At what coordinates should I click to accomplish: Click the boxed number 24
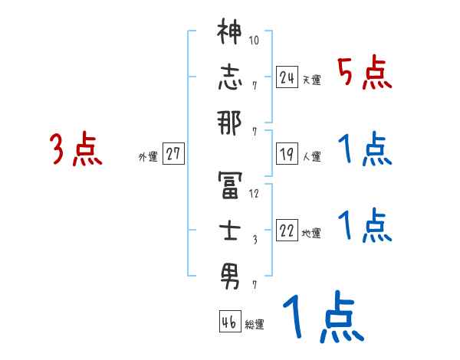287,77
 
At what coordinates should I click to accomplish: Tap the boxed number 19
287,155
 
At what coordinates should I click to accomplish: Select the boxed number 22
287,231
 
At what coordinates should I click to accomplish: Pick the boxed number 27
173,155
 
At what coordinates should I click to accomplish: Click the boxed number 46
228,322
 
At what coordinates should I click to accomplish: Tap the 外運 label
147,157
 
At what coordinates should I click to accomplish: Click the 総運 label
255,325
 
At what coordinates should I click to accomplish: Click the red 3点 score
76,149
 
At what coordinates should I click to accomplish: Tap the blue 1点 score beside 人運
364,149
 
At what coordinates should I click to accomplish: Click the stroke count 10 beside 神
256,39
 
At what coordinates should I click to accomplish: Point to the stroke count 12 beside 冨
255,193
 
